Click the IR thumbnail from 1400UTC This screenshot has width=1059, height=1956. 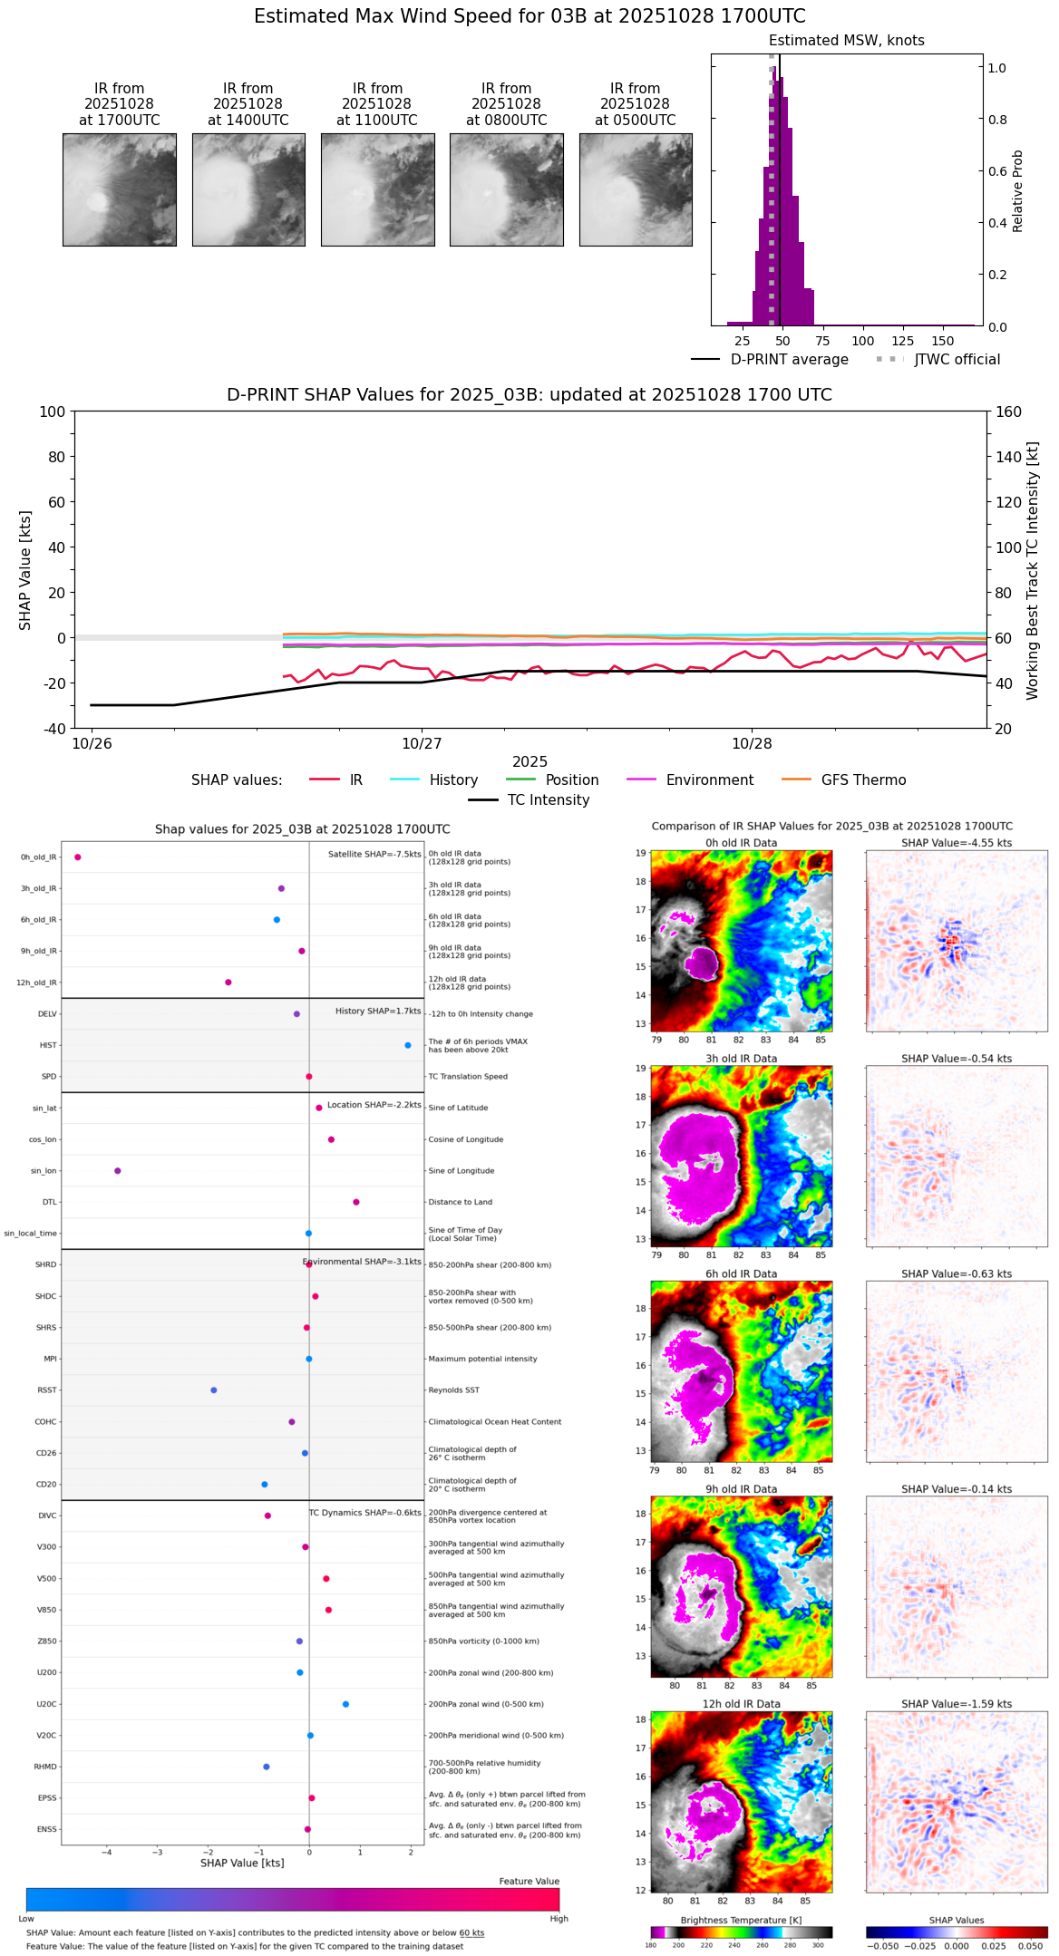(248, 189)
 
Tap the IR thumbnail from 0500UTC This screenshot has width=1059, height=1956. (636, 189)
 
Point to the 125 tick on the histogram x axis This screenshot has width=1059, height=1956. (902, 341)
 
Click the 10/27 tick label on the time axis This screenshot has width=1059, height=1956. (422, 744)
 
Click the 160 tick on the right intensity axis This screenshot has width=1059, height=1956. (1008, 412)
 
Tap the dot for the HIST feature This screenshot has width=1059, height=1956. (408, 1045)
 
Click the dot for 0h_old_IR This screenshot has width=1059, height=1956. (78, 857)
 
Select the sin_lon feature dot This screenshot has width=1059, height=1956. (118, 1170)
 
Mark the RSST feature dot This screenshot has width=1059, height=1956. (214, 1390)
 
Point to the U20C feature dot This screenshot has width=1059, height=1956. (345, 1704)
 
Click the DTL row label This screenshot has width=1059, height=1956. (49, 1202)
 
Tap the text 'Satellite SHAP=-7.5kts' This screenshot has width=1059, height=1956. (374, 854)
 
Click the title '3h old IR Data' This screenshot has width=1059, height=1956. (741, 1059)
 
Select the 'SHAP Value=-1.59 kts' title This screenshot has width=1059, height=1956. (957, 1704)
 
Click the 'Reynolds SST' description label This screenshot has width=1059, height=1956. (454, 1390)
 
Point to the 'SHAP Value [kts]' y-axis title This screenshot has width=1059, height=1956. (25, 570)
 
